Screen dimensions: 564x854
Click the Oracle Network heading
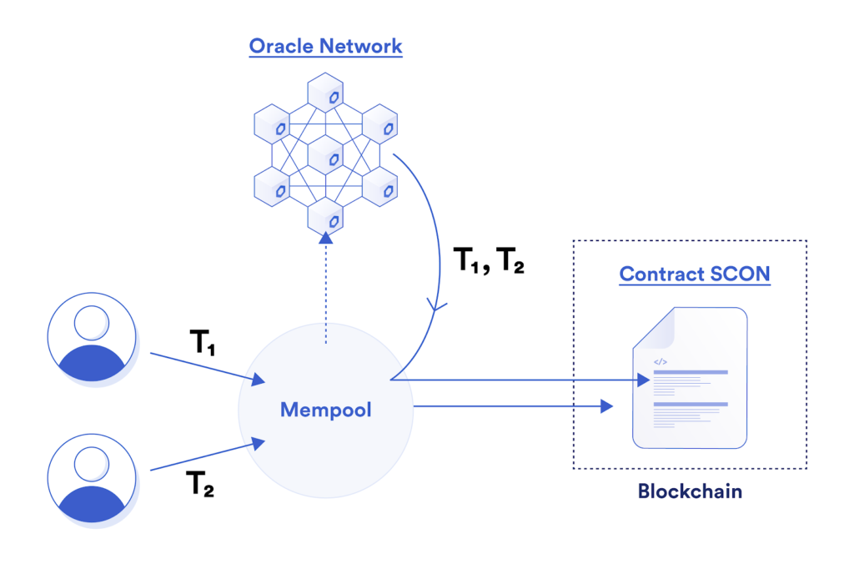325,45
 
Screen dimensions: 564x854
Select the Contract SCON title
694,274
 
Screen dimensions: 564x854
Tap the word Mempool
325,410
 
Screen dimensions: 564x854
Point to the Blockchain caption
690,491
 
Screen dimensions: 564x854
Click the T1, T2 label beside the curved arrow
488,264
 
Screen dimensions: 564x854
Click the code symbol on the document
660,362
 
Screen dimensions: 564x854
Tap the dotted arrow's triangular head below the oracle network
325,239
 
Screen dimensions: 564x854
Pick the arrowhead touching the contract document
642,380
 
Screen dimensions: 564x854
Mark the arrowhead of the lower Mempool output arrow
607,406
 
